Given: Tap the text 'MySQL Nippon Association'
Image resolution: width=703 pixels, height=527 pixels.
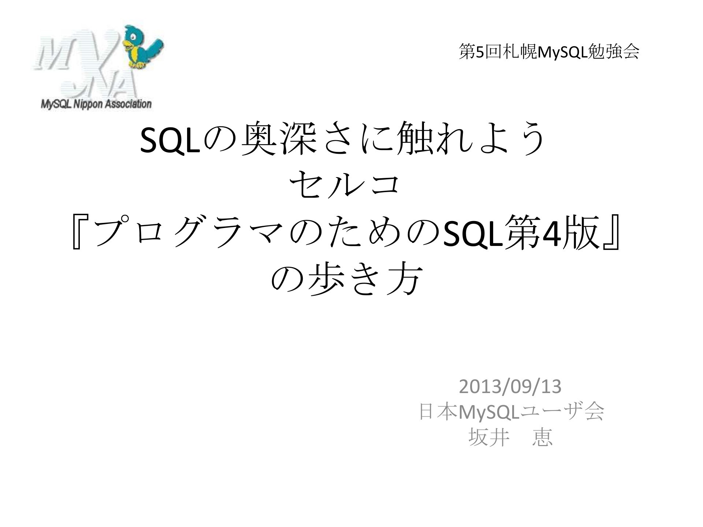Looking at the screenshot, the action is coord(96,104).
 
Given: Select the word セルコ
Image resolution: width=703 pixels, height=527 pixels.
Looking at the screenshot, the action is coord(344,186).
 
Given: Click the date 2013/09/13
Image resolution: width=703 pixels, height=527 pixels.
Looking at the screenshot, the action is coord(510,387).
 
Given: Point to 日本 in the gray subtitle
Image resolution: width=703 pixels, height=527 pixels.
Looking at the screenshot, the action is coord(438,412).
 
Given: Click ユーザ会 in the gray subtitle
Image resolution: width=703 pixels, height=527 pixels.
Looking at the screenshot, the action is coord(562,412).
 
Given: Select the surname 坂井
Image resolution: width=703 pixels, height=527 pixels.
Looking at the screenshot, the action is coord(489,437).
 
